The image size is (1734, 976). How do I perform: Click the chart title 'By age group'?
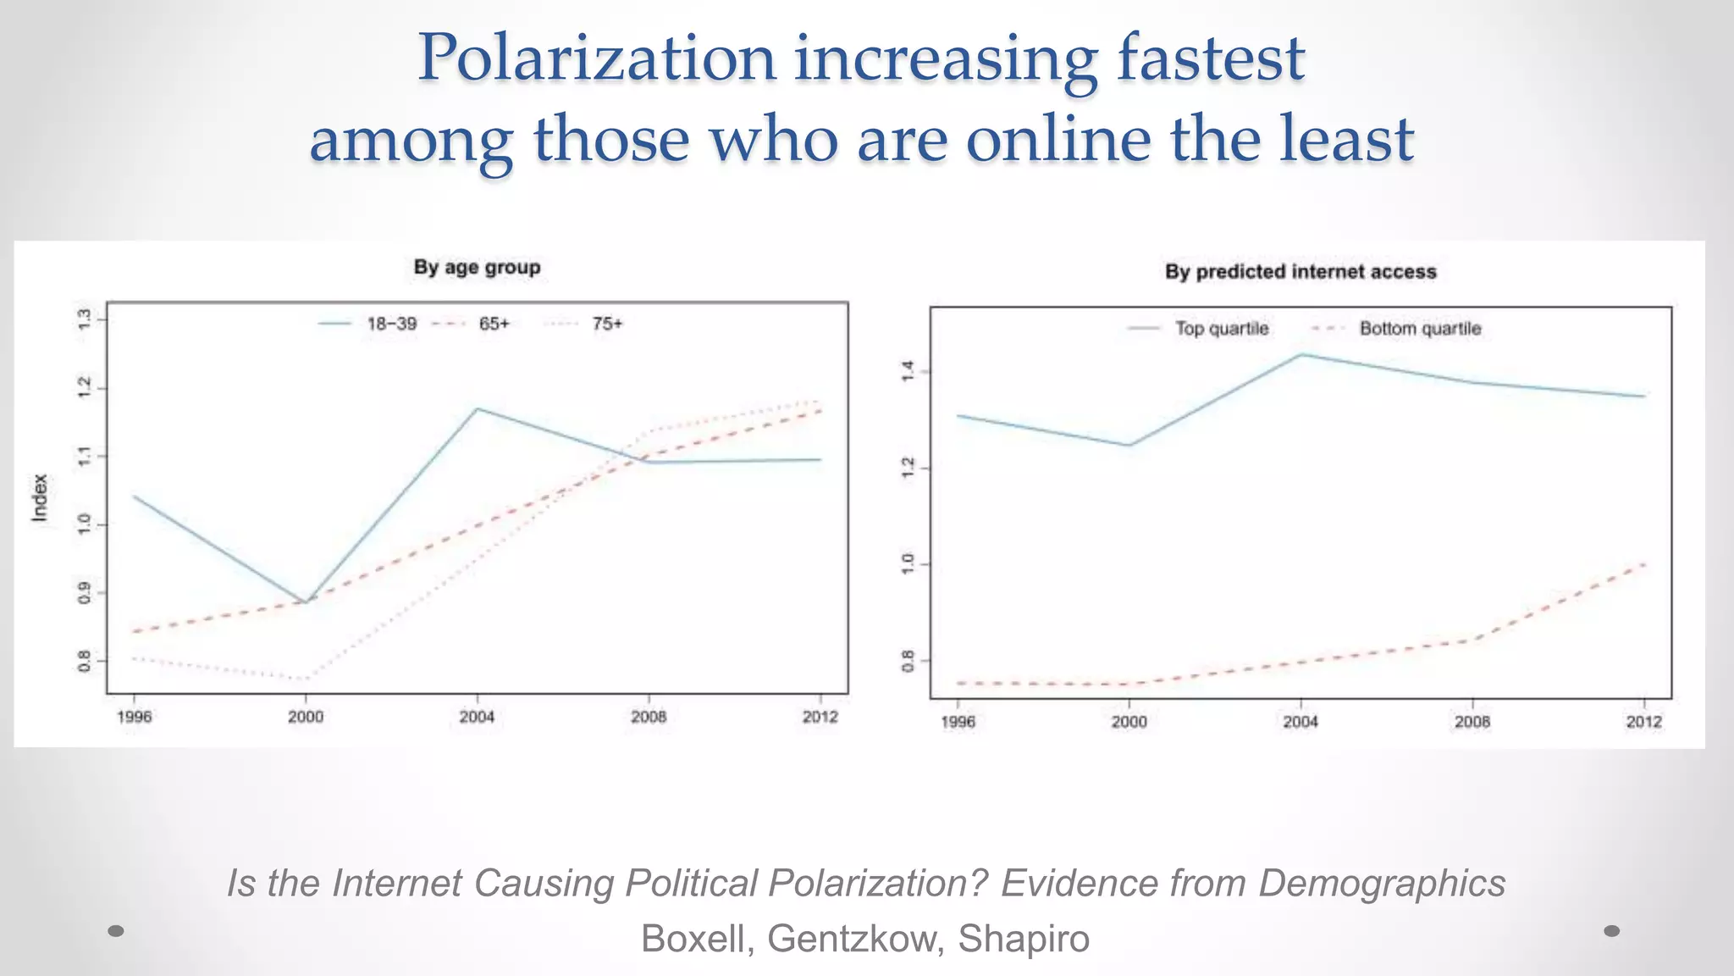pyautogui.click(x=477, y=268)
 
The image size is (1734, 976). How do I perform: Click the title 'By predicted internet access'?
pyautogui.click(x=1300, y=272)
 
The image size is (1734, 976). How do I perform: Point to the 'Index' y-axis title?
pyautogui.click(x=40, y=497)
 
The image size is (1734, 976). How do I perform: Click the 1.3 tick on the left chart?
pyautogui.click(x=84, y=319)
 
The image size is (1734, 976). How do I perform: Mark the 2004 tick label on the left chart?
pyautogui.click(x=477, y=718)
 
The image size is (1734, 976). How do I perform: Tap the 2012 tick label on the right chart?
pyautogui.click(x=1643, y=722)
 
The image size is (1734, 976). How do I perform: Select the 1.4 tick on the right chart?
pyautogui.click(x=908, y=371)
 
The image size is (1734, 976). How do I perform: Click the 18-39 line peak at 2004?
pyautogui.click(x=477, y=409)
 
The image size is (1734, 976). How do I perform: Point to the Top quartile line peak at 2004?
pyautogui.click(x=1300, y=355)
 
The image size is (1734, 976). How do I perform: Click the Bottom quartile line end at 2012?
pyautogui.click(x=1643, y=564)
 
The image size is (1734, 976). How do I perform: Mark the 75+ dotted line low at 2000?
pyautogui.click(x=305, y=679)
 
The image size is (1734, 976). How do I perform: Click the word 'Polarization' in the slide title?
pyautogui.click(x=597, y=58)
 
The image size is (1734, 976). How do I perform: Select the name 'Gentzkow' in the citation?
pyautogui.click(x=855, y=939)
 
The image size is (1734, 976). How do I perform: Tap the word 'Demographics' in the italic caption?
pyautogui.click(x=1382, y=884)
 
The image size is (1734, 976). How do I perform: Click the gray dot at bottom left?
pyautogui.click(x=117, y=931)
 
